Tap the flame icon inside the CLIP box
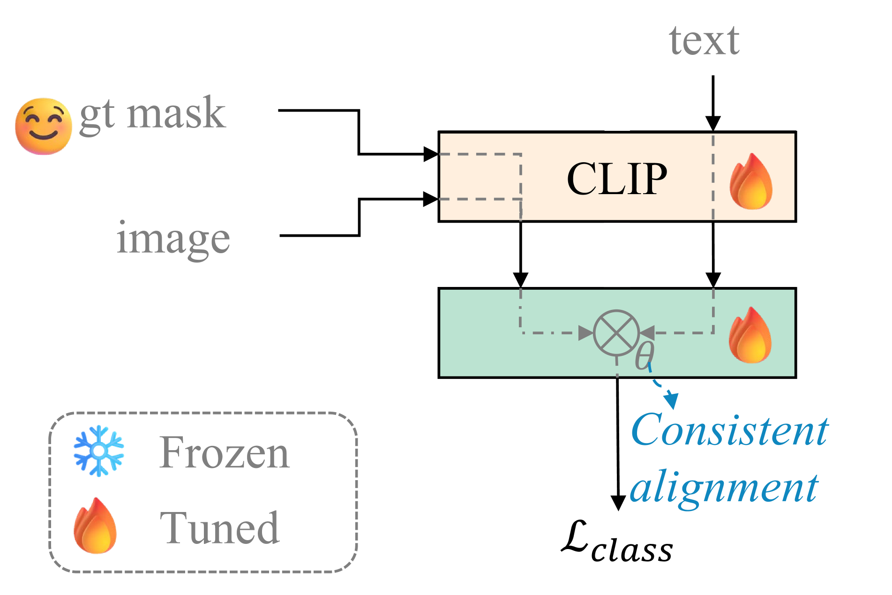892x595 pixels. click(x=751, y=181)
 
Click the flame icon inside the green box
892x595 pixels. click(x=750, y=335)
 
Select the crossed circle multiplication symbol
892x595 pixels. click(x=616, y=333)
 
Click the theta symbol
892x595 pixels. click(x=645, y=356)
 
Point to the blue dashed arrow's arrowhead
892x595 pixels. click(x=672, y=401)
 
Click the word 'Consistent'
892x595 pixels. click(x=729, y=430)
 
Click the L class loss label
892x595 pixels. click(x=617, y=544)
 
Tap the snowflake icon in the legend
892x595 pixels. click(x=99, y=451)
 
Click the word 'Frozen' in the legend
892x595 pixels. click(x=224, y=453)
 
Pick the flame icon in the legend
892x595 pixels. click(x=95, y=526)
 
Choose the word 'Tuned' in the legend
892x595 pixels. click(x=219, y=528)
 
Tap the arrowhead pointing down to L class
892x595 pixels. click(x=618, y=503)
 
